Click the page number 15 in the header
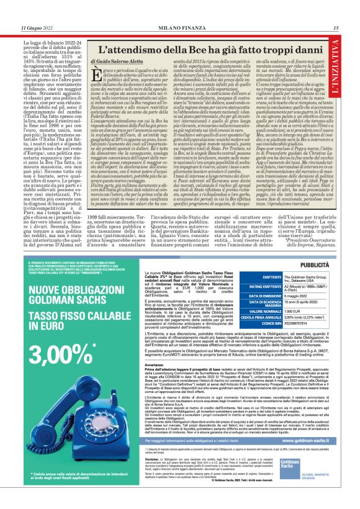point(335,28)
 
